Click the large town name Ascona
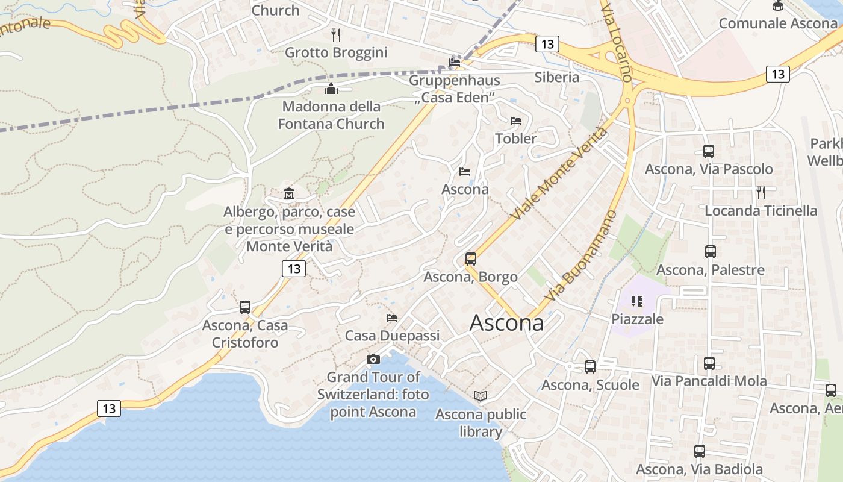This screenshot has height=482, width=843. click(x=506, y=323)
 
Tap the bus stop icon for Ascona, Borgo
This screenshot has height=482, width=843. click(x=471, y=259)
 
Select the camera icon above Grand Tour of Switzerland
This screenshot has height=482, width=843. click(x=373, y=360)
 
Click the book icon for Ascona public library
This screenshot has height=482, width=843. click(x=481, y=396)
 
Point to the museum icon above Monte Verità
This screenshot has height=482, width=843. click(x=289, y=194)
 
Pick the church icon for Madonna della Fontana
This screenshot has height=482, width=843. click(x=331, y=89)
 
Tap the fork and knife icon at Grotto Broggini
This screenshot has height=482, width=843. click(x=336, y=35)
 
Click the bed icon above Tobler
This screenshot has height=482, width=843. click(x=516, y=121)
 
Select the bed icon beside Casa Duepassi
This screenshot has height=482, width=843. click(x=392, y=318)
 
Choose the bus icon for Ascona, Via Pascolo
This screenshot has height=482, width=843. click(x=709, y=151)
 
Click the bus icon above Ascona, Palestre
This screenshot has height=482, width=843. click(x=711, y=252)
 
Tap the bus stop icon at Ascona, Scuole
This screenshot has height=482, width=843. click(x=590, y=366)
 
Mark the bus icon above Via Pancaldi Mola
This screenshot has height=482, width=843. click(x=709, y=363)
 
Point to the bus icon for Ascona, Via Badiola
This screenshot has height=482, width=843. click(x=700, y=451)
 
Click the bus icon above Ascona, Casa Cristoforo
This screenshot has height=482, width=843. click(x=245, y=307)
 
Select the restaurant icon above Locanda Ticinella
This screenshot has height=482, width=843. click(x=761, y=193)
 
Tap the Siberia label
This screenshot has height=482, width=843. click(x=557, y=77)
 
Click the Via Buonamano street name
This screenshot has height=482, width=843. click(x=582, y=256)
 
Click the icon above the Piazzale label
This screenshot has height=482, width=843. click(x=637, y=301)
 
